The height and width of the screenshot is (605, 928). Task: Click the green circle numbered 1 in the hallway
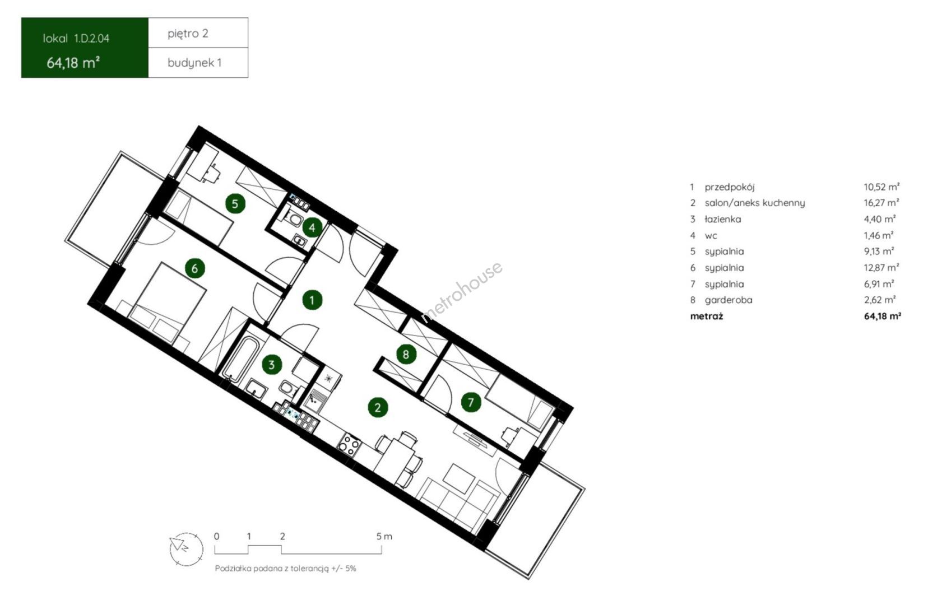312,300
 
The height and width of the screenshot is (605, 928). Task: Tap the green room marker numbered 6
194,268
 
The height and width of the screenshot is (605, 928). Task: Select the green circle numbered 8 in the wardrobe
406,354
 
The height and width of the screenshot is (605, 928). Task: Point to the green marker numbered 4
312,227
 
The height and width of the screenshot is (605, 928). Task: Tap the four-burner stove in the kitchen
349,445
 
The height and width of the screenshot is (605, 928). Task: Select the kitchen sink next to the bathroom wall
316,399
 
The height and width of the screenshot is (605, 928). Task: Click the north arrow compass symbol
187,549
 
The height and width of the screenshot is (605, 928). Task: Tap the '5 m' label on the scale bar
384,536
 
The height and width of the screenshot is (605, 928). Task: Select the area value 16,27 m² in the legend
881,202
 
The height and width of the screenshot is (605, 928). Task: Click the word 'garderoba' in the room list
729,300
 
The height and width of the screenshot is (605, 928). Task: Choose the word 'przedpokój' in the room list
730,187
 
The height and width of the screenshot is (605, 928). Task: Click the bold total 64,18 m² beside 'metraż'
883,317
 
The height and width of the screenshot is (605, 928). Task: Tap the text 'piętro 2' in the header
188,34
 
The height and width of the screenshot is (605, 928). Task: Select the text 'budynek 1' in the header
194,63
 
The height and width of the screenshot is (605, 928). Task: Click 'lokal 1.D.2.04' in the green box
76,39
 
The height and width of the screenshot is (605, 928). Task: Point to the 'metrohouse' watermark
462,291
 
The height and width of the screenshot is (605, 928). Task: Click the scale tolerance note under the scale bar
285,569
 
